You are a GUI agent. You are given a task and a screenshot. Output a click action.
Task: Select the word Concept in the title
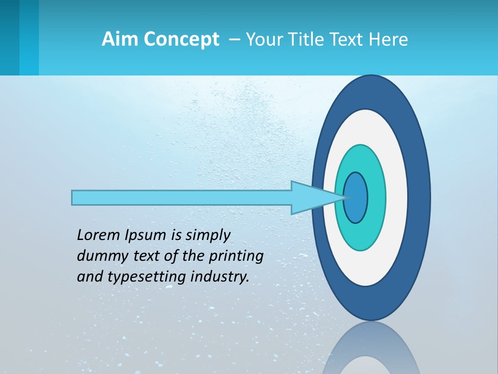click(181, 39)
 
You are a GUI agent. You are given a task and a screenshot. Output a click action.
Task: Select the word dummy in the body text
click(99, 256)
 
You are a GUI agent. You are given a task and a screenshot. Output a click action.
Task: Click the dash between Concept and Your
click(234, 39)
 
